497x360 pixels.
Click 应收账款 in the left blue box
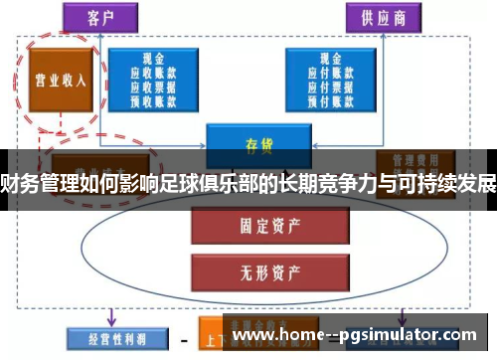pyautogui.click(x=157, y=73)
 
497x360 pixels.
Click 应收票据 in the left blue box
pyautogui.click(x=157, y=86)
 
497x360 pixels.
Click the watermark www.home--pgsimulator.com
pyautogui.click(x=358, y=337)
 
